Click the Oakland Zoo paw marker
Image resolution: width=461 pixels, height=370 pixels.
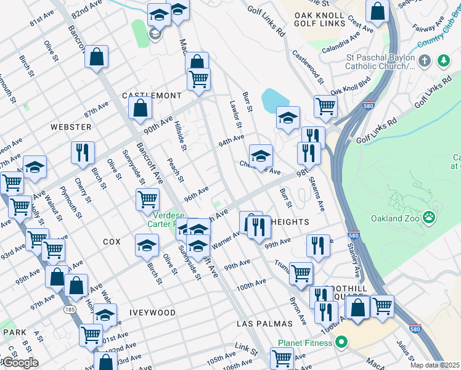(x=430, y=218)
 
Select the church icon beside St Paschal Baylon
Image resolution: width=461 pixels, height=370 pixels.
(x=424, y=61)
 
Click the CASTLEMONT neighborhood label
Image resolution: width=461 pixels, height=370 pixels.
(x=152, y=96)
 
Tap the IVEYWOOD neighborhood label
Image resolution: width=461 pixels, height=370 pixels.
(x=153, y=313)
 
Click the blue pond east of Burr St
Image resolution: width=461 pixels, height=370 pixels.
(x=272, y=99)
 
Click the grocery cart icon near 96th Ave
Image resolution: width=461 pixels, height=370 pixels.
(x=148, y=200)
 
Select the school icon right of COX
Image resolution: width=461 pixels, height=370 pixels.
(x=147, y=245)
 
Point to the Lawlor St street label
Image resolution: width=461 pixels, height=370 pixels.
(x=235, y=115)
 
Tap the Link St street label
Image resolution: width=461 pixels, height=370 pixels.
(x=246, y=348)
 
